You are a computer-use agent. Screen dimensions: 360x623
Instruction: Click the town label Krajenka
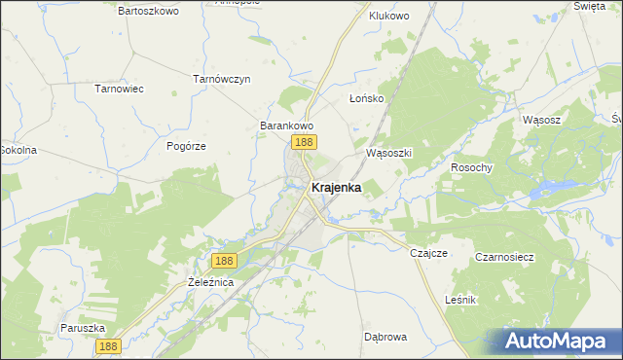(336, 188)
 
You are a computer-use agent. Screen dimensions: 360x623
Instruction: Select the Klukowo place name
(389, 16)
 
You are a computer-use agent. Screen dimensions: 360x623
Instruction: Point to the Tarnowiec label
(119, 89)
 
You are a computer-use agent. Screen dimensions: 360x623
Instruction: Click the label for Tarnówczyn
(222, 78)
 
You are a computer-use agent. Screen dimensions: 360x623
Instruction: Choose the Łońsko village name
(367, 99)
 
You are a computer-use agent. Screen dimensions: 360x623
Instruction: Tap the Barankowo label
(285, 126)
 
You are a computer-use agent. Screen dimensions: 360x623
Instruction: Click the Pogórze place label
(186, 145)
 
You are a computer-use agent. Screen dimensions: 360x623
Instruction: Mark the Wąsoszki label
(389, 154)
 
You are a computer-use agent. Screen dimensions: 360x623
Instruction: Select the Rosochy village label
(472, 167)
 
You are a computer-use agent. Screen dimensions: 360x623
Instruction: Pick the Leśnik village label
(459, 300)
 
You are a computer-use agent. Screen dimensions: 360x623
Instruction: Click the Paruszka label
(82, 328)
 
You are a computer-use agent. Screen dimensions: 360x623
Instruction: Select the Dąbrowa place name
(385, 337)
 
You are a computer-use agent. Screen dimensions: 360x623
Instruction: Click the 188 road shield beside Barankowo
(303, 143)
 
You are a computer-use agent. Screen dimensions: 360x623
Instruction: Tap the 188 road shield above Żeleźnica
(224, 261)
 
